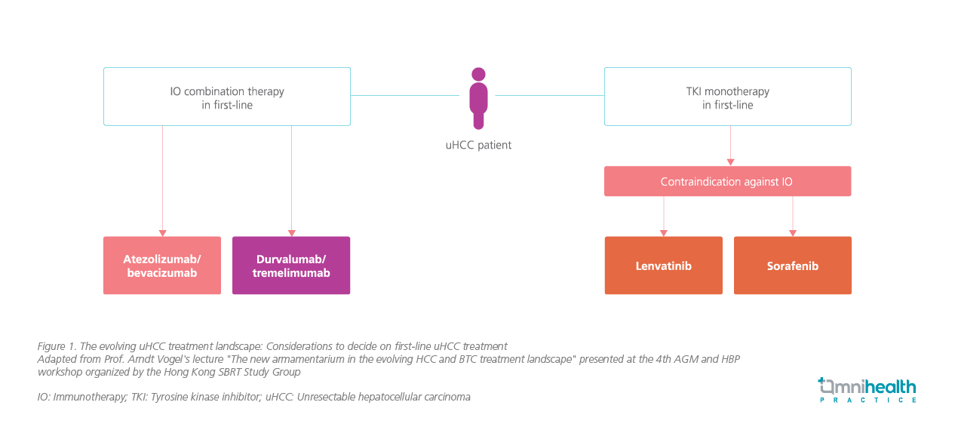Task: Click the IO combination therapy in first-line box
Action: pos(226,97)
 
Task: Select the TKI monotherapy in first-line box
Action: pos(727,97)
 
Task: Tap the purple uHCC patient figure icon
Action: pos(478,98)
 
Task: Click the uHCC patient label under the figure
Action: pos(478,145)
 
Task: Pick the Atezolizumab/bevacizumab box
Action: pos(161,266)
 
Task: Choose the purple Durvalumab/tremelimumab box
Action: pos(291,266)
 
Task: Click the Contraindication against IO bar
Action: pos(727,182)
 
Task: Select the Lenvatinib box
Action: pos(663,266)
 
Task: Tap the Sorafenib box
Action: pos(792,266)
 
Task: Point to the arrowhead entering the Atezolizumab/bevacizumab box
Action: pos(162,233)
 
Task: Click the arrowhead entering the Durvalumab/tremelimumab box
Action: pos(292,233)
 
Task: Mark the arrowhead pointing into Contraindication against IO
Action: pos(730,162)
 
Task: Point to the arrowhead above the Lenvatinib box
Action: pos(664,233)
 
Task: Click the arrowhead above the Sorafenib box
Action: pos(792,233)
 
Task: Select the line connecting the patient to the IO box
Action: pos(405,96)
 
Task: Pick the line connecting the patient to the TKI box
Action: pos(549,96)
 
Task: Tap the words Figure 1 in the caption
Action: pos(55,346)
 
